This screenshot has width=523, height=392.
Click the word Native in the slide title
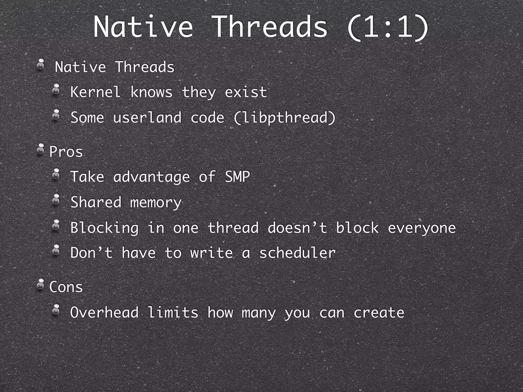(x=143, y=27)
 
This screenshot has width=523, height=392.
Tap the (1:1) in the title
(x=387, y=27)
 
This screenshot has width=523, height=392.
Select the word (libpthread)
(x=284, y=118)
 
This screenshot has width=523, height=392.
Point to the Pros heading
(x=66, y=152)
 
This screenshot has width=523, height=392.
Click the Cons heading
(x=66, y=287)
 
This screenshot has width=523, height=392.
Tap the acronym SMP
(x=237, y=177)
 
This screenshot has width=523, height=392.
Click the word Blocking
(x=104, y=228)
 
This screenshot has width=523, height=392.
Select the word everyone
(x=422, y=228)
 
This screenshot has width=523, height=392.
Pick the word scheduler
(x=297, y=253)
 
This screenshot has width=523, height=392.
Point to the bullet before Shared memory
(x=56, y=200)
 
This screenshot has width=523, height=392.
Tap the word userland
(x=147, y=118)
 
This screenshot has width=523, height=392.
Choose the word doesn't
(x=297, y=228)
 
